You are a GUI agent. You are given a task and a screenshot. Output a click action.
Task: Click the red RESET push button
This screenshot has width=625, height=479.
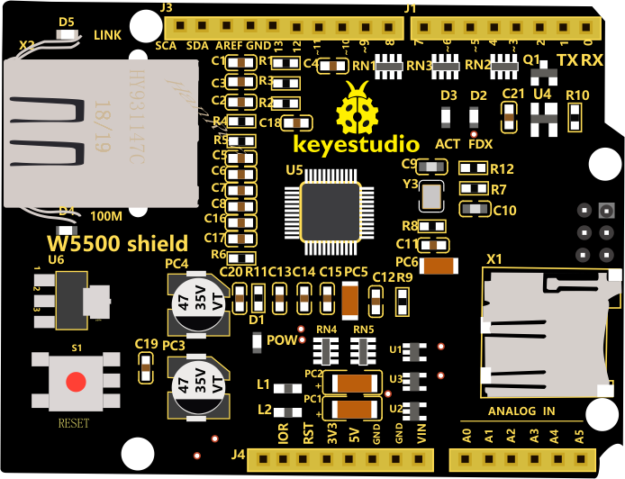(x=76, y=381)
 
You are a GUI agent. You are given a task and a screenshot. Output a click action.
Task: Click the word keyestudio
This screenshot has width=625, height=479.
(x=357, y=144)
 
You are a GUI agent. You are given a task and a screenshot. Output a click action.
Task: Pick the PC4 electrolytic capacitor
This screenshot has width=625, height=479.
(x=198, y=301)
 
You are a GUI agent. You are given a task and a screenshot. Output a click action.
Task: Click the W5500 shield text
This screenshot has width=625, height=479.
(x=118, y=243)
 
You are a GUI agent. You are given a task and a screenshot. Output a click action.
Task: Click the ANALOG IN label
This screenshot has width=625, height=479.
(x=522, y=411)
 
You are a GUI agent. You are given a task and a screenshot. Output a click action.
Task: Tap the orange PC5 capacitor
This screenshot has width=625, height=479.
(x=351, y=297)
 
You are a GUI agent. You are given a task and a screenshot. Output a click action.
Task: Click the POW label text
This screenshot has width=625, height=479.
(x=283, y=339)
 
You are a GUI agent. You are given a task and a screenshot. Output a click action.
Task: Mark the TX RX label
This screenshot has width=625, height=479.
(x=580, y=60)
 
